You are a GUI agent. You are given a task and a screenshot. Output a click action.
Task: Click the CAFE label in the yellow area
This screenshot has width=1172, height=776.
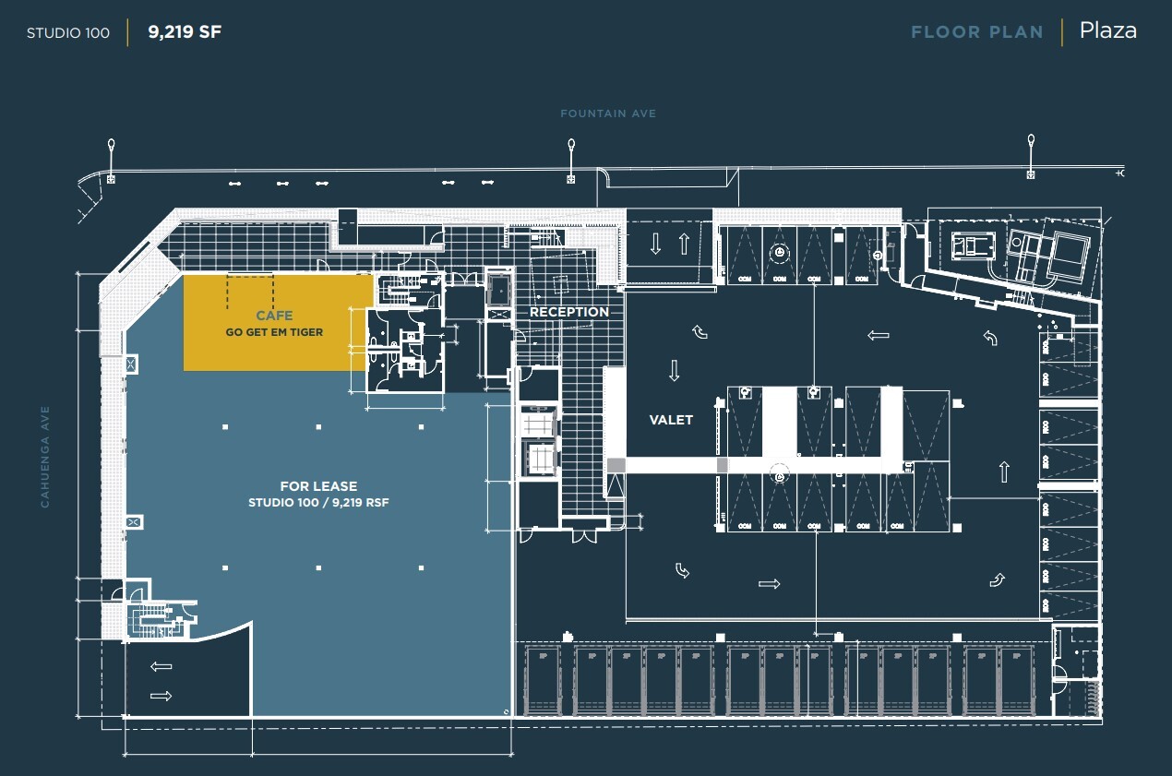pyautogui.click(x=274, y=316)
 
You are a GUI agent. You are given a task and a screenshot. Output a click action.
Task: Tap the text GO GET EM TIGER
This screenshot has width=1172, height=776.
pyautogui.click(x=274, y=332)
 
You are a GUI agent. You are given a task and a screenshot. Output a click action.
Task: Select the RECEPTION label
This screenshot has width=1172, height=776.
pyautogui.click(x=568, y=312)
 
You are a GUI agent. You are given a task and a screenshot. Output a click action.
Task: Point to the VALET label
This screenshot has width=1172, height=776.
pyautogui.click(x=671, y=420)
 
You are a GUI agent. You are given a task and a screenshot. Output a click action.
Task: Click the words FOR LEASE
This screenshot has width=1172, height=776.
pyautogui.click(x=318, y=486)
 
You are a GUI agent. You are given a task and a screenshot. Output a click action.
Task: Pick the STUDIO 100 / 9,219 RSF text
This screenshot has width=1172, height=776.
pyautogui.click(x=318, y=503)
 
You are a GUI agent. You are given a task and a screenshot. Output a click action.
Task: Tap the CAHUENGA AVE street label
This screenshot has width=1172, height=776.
pyautogui.click(x=43, y=457)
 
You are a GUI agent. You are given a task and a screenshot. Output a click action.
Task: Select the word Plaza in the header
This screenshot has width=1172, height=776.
pyautogui.click(x=1107, y=31)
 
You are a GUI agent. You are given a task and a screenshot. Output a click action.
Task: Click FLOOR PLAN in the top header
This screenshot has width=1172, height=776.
pyautogui.click(x=976, y=32)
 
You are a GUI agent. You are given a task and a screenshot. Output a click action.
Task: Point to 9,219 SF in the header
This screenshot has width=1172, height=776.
pyautogui.click(x=185, y=32)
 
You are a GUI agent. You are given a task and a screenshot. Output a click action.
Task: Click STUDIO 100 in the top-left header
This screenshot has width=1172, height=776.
pyautogui.click(x=68, y=33)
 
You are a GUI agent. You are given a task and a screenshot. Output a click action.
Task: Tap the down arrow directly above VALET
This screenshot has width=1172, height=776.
pyautogui.click(x=674, y=370)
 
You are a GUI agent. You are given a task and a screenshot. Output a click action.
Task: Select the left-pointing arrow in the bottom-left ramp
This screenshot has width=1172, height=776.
pyautogui.click(x=161, y=666)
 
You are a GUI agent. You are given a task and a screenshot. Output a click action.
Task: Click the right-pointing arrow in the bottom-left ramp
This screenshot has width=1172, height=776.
pyautogui.click(x=161, y=696)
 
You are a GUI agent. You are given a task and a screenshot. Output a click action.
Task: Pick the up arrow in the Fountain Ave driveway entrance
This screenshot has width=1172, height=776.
pyautogui.click(x=684, y=244)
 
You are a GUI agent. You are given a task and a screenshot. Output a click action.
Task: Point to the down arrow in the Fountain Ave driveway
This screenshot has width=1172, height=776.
pyautogui.click(x=655, y=244)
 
